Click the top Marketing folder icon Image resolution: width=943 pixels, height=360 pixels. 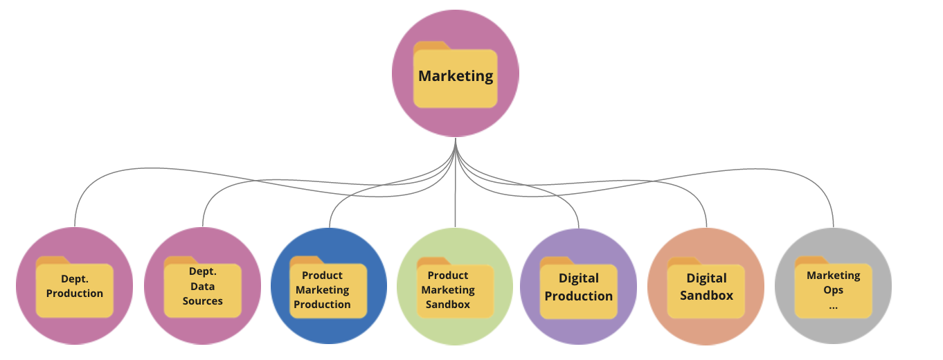455,75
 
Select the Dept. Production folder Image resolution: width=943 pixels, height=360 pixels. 75,287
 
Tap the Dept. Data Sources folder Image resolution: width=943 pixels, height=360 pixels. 202,287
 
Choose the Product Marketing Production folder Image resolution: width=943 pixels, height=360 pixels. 328,287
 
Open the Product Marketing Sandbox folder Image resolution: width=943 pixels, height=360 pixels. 455,287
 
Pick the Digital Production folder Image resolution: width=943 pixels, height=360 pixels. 578,288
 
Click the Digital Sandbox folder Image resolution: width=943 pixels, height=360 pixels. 706,288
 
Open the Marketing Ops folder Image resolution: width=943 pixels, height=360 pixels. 833,287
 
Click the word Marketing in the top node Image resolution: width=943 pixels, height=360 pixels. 456,76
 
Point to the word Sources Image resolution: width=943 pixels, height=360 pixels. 202,301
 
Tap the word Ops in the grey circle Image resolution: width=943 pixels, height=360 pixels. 834,290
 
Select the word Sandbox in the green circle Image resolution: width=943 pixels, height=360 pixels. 447,305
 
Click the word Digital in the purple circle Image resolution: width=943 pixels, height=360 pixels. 578,278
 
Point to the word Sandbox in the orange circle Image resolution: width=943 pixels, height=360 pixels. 706,296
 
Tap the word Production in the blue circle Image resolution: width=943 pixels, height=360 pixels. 322,305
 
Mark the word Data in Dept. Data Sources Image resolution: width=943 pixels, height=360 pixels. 202,287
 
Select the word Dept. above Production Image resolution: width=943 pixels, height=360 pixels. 75,279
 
